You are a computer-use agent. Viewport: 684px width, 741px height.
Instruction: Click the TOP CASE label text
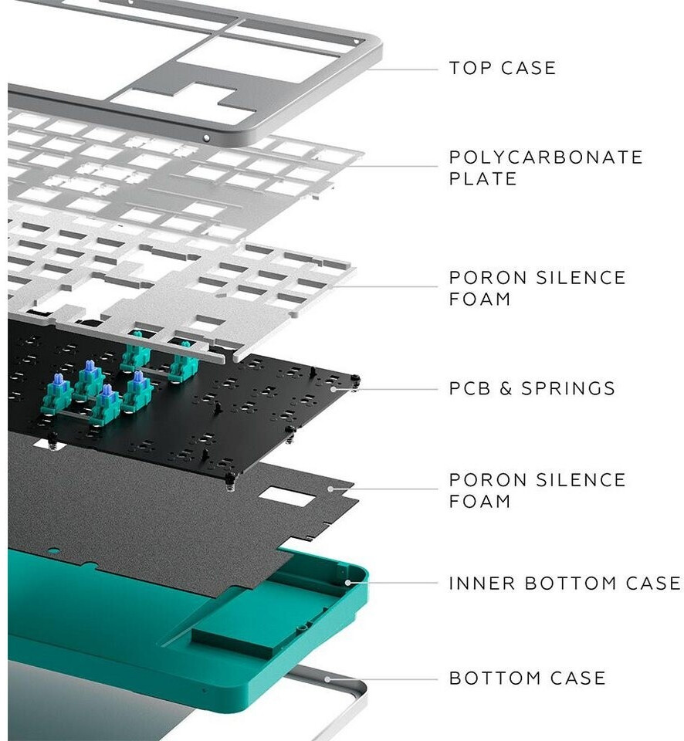point(502,68)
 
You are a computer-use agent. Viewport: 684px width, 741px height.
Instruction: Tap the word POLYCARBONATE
point(546,157)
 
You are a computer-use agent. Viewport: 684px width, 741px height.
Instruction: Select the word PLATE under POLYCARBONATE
point(483,179)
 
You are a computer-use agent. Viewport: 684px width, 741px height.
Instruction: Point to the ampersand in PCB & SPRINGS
point(506,388)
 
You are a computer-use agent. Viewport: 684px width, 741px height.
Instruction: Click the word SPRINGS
point(568,388)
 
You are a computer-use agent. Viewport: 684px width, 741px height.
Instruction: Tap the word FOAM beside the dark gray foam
point(479,501)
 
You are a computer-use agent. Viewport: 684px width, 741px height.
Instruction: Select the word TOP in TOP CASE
point(469,68)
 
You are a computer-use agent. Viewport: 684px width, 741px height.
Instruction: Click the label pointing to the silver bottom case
point(527,678)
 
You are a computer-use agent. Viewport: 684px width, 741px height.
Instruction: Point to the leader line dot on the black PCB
point(334,389)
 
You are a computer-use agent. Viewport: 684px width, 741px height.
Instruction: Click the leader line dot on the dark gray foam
point(330,488)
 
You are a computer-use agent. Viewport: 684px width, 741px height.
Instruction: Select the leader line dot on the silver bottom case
point(329,679)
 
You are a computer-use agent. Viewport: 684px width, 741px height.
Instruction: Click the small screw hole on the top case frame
point(206,138)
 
